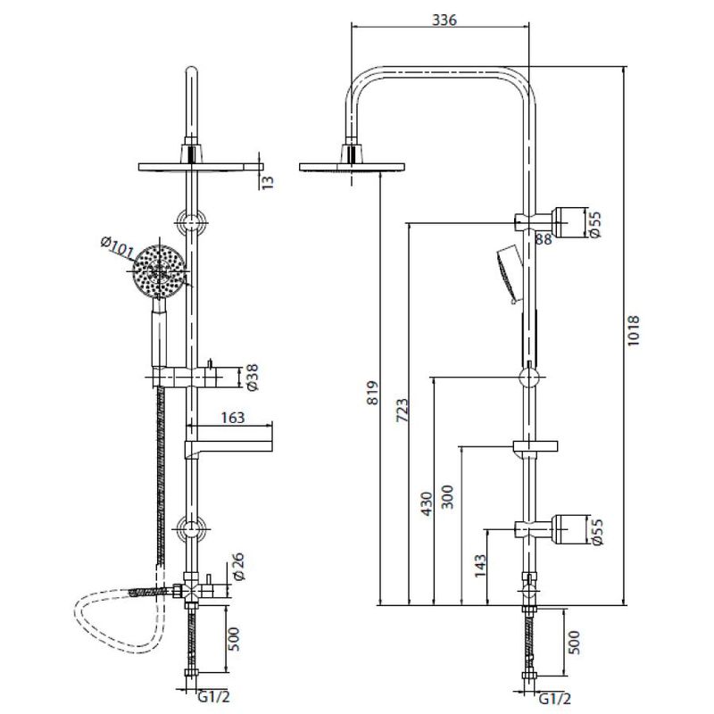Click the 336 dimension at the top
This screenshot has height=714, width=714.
[x=444, y=21]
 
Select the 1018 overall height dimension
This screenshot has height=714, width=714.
[x=634, y=330]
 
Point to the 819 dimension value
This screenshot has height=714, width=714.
[x=373, y=394]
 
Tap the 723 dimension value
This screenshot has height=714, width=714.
[x=403, y=411]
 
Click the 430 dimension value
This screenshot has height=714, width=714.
[x=427, y=503]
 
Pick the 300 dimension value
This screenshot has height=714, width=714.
[x=449, y=497]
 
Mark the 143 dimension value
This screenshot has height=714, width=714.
[x=480, y=566]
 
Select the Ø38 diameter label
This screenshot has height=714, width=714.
[x=252, y=377]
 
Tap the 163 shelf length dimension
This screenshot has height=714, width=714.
[x=233, y=418]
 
